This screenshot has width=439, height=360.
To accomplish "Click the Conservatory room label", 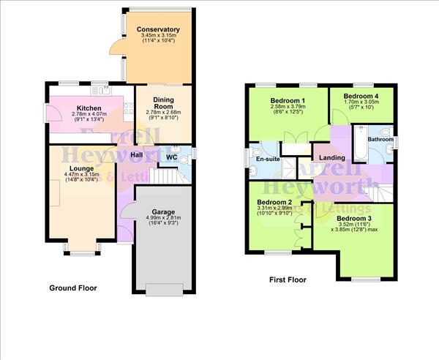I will [x=159, y=29].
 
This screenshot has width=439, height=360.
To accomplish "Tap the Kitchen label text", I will [x=89, y=108].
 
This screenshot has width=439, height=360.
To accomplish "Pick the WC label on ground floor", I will [x=171, y=157].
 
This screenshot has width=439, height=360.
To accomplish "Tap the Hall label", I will [x=136, y=155].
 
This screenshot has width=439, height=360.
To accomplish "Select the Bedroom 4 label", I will [x=361, y=96].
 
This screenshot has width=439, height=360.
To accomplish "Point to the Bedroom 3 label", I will [x=354, y=218].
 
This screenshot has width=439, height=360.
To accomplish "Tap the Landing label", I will [x=332, y=157].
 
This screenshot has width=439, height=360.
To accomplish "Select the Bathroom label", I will [x=380, y=139].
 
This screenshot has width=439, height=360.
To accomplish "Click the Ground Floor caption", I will [x=72, y=288].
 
